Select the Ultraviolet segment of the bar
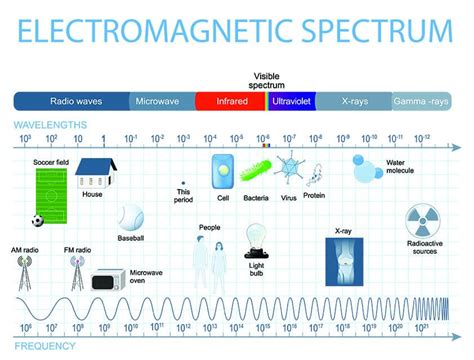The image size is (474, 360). (x=293, y=101)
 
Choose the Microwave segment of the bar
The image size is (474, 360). (x=160, y=101)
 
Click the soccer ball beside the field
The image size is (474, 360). (x=37, y=220)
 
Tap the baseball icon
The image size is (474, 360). (x=130, y=219)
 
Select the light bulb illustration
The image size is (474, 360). (x=255, y=241)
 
